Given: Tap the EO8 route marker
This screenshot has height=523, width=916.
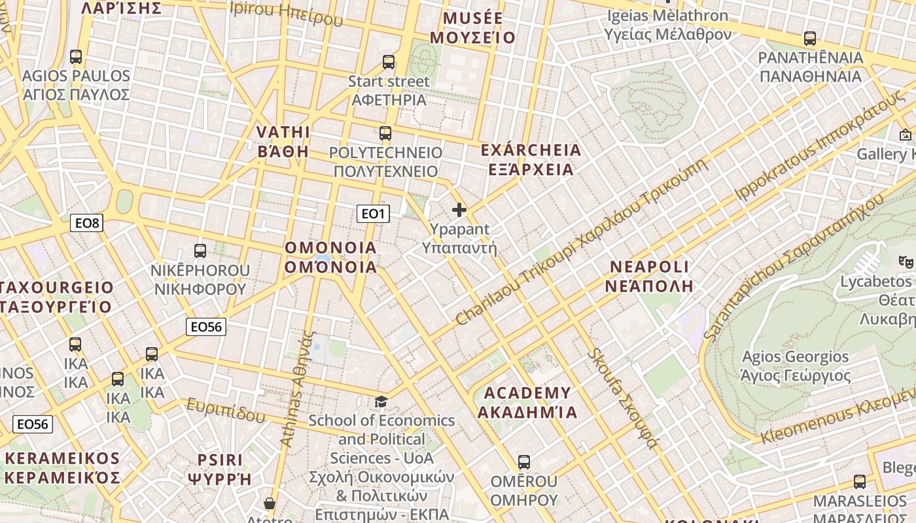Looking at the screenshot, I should coord(87,224).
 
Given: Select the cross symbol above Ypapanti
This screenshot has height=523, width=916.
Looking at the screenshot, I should coord(459,210).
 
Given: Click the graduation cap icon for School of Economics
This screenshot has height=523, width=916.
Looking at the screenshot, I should coord(381,401).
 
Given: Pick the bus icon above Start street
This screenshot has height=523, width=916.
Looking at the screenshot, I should coord(389,62).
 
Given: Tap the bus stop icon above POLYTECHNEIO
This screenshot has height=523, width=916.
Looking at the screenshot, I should coord(385,133).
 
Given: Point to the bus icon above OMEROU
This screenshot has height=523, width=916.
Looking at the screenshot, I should coord(523,462).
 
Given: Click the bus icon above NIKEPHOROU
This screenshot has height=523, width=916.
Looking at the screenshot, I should coord(200,250).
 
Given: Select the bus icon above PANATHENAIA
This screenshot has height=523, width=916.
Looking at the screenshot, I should coord(810,39).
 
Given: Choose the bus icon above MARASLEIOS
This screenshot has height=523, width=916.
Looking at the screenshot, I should coord(860,482).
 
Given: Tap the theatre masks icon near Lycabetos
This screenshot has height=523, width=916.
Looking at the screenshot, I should coord(906,261).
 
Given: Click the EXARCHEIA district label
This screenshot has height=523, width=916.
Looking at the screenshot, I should coord(531,160).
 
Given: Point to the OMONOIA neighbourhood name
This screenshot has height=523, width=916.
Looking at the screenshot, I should coord(331,257).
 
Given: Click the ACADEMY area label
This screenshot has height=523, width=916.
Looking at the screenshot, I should coord(527,402).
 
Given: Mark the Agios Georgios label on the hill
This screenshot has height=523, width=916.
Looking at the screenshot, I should coord(795,366).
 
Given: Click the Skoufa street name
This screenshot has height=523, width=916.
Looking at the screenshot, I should coord(622,399).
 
